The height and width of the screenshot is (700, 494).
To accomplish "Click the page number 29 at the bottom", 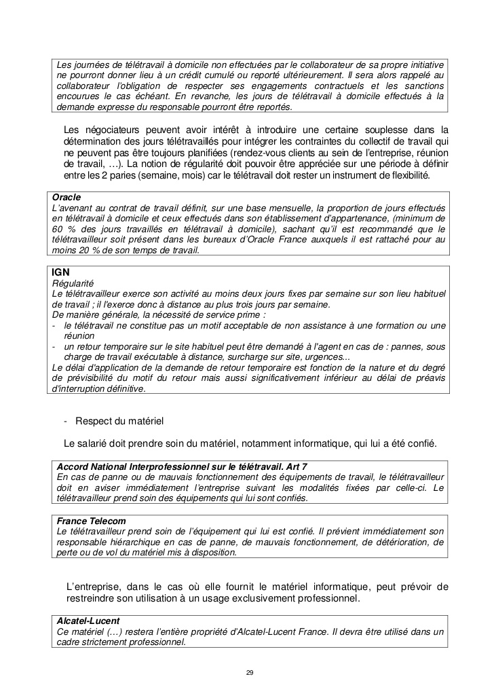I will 250,672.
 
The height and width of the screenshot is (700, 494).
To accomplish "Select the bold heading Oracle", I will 67,197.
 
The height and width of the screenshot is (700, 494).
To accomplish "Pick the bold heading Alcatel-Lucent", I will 88,621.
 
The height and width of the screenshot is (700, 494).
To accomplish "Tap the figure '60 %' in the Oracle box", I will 62,229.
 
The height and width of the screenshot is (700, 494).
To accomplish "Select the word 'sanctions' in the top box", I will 421,86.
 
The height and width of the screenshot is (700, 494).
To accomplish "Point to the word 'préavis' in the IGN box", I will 427,379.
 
